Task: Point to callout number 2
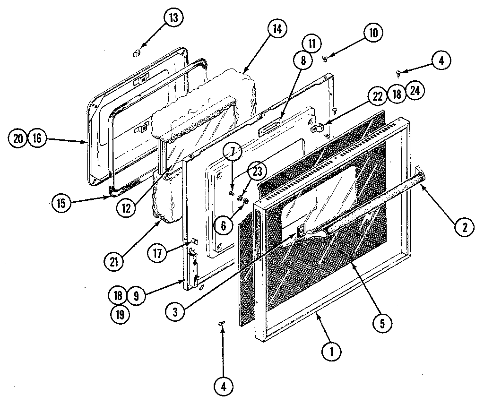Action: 465,228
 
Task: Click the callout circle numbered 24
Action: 415,92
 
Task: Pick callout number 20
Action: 17,138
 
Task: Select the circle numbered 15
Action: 61,204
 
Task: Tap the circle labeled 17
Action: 157,253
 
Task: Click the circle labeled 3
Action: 175,311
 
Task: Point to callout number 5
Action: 381,323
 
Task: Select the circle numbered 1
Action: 332,351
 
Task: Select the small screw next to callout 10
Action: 324,59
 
